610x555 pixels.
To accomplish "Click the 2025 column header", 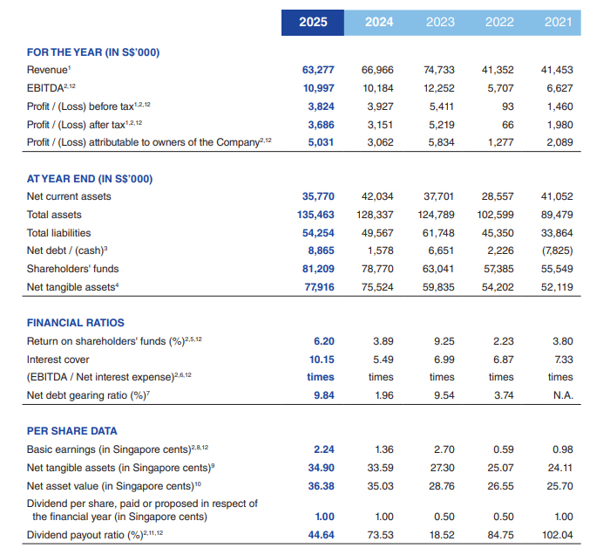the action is [x=313, y=22].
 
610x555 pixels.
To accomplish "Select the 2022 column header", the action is [x=499, y=22].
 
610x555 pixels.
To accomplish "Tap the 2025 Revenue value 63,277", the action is [x=318, y=70].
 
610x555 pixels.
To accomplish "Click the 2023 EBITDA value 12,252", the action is [x=439, y=88].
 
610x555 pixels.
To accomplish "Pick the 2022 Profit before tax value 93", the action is [x=508, y=106].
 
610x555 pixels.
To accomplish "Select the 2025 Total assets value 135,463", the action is [x=315, y=215].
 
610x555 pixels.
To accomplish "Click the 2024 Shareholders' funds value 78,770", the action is [x=377, y=269].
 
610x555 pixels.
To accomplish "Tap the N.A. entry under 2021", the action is [x=563, y=395].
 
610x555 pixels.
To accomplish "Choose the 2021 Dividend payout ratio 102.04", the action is [x=558, y=535].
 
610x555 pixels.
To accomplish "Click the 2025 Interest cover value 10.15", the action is [x=322, y=360].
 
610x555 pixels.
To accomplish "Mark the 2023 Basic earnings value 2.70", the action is [x=444, y=449].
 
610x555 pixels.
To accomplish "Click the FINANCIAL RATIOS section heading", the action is [x=76, y=323].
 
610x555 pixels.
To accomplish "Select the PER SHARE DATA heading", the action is [x=72, y=431].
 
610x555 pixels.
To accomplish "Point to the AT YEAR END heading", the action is [x=90, y=179].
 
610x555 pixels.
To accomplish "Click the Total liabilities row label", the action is [x=58, y=233].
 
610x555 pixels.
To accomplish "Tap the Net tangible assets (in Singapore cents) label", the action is [x=120, y=468].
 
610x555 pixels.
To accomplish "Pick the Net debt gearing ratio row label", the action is [x=88, y=395].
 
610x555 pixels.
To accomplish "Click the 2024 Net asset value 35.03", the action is [x=381, y=486].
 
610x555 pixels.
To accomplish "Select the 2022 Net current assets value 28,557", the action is [x=498, y=196].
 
